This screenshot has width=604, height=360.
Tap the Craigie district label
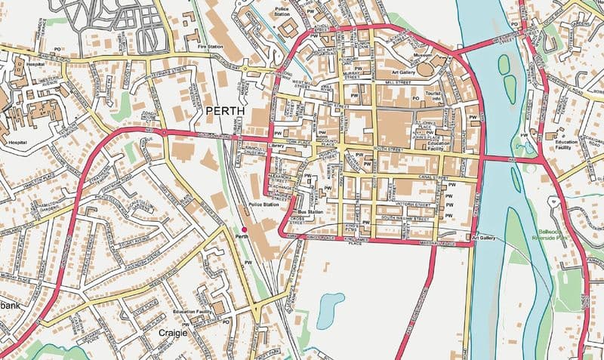click(174, 331)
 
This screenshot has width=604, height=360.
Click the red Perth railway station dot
click(244, 229)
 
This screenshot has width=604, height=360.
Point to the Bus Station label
click(310, 212)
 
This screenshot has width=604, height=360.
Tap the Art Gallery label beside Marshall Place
click(482, 238)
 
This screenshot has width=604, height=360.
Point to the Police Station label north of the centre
click(282, 11)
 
